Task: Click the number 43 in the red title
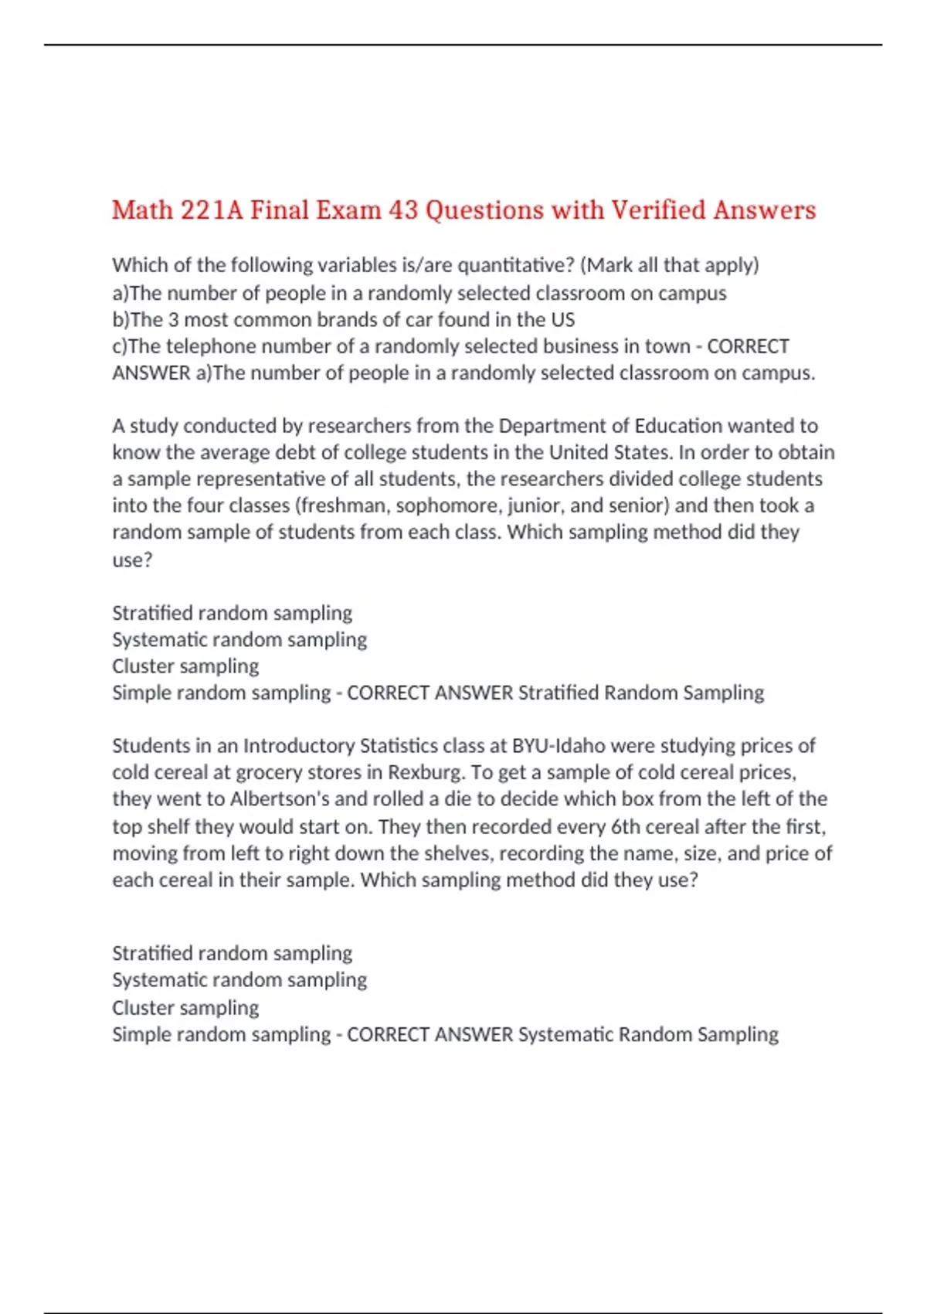tap(402, 210)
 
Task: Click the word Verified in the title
tap(658, 210)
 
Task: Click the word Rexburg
tap(424, 772)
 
